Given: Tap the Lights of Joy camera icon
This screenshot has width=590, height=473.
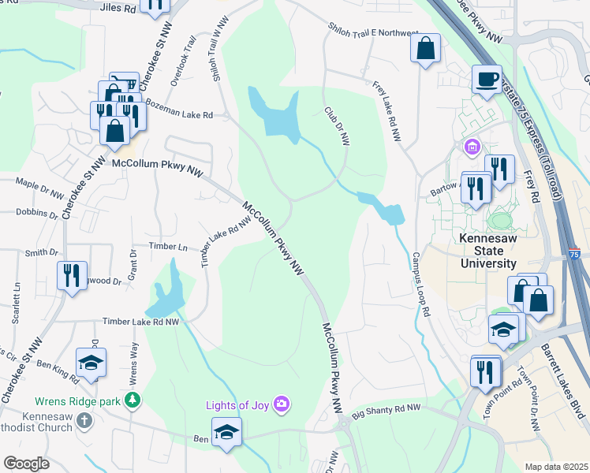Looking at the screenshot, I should [x=282, y=405].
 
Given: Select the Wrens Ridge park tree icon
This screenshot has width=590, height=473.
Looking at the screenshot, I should [x=133, y=401].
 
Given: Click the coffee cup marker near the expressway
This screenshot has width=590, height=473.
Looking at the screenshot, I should [x=487, y=78].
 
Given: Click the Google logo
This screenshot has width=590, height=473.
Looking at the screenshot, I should [x=26, y=464].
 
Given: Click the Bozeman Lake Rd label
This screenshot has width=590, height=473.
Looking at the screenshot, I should [x=179, y=115].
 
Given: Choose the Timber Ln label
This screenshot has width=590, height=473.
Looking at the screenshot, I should [x=171, y=247].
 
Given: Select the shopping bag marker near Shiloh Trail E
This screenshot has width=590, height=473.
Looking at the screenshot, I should [x=425, y=48].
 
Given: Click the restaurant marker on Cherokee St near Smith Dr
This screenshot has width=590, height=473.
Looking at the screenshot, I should [x=72, y=275].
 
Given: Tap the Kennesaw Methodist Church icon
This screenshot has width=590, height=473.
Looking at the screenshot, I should [x=86, y=419].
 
